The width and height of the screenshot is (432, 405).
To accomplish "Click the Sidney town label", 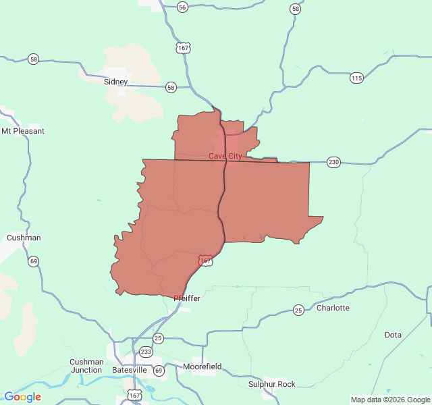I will tap(115, 82).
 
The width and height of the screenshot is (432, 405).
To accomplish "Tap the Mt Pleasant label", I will tap(23, 131).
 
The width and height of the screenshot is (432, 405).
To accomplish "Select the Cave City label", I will tap(225, 156).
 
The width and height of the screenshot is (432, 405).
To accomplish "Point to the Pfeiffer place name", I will tap(187, 298).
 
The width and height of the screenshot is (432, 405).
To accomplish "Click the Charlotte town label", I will tap(333, 308).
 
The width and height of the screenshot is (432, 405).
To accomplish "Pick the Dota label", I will tap(393, 335).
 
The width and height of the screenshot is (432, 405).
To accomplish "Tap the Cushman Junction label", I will tap(86, 366).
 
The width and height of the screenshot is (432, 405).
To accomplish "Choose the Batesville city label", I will tap(129, 370).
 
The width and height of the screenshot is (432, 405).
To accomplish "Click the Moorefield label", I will tap(202, 367).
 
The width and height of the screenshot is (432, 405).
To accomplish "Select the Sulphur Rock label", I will tap(271, 384).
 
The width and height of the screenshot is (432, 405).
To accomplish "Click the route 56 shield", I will tap(182, 7).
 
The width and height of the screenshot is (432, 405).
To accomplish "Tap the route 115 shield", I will tap(356, 78).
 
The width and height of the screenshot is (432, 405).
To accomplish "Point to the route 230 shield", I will tap(333, 162).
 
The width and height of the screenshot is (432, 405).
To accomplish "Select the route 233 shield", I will tap(146, 352).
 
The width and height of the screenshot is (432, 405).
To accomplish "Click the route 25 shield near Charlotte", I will tap(298, 310).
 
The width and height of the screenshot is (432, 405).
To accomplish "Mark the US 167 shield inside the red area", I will tap(205, 260).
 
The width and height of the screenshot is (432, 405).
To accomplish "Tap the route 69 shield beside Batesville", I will tap(159, 371).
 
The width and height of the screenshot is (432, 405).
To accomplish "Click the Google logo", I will tap(22, 397).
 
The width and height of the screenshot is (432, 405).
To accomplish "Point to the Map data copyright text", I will tap(389, 400).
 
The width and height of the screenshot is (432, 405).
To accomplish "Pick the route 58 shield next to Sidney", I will tap(171, 87).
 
